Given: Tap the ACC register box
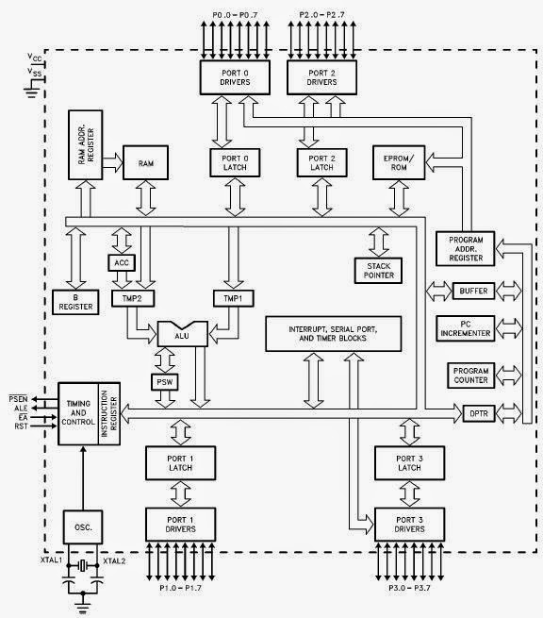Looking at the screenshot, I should point(120,261).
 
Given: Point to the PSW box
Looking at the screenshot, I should point(164,382).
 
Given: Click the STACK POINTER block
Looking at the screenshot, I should point(379,270).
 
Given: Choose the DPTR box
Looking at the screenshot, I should point(475,412).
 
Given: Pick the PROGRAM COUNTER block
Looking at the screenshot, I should point(470,375).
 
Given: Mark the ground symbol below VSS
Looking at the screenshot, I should point(35,92).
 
